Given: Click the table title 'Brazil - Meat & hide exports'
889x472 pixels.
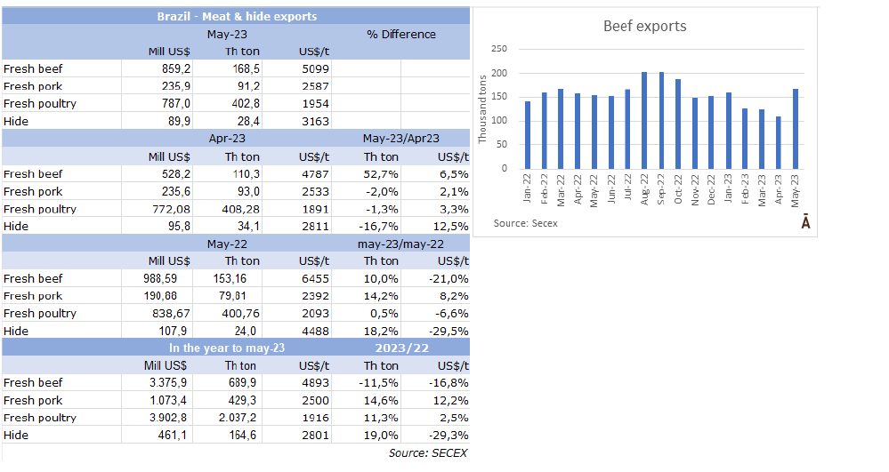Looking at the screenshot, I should coord(237,16).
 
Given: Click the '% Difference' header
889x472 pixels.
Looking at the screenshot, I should coord(400,34).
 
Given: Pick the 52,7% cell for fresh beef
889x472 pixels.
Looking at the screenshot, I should coord(380,174).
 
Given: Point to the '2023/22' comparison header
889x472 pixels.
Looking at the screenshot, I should coord(400,348).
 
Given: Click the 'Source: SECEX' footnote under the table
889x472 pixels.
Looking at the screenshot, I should coord(427,452).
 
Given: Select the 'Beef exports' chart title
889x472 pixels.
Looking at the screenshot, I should coord(644,26).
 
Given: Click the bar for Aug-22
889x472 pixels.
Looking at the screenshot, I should coord(644,120).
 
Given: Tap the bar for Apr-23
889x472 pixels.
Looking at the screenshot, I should coord(778,142).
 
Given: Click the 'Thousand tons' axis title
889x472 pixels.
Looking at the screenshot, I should coord(482,108).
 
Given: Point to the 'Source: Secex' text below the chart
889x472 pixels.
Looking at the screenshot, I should coord(526,223).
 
